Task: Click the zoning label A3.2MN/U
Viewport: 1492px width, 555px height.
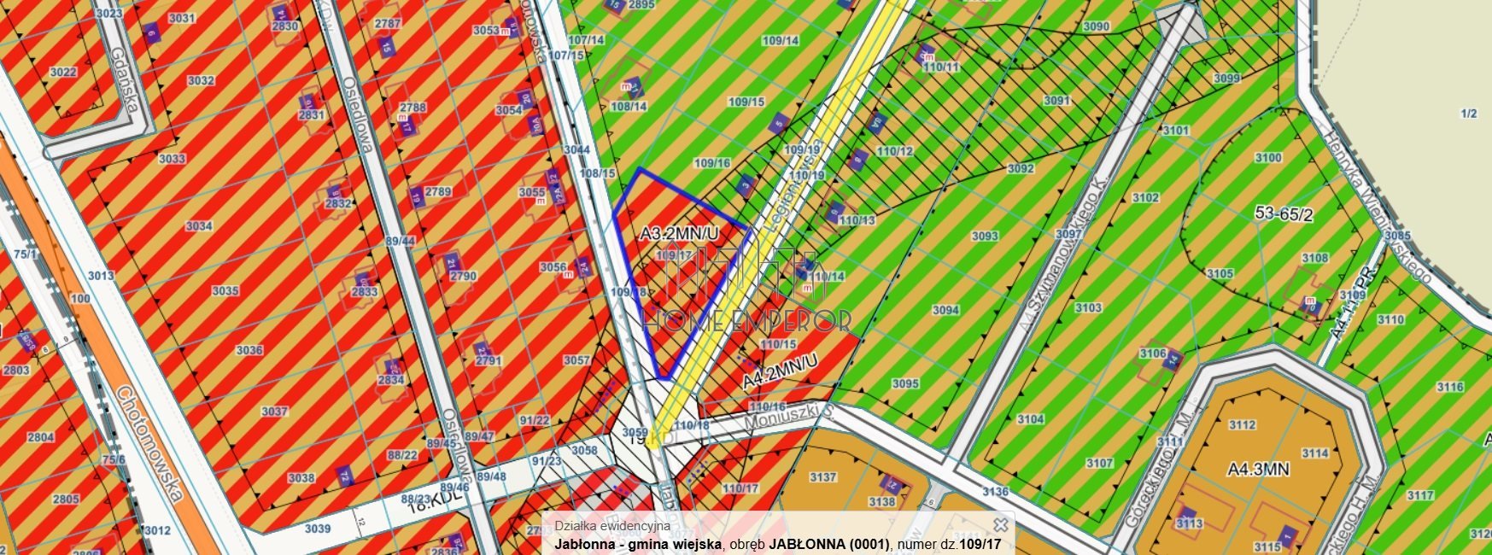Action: click(x=680, y=232)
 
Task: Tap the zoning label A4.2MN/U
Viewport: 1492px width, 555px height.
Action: click(x=780, y=371)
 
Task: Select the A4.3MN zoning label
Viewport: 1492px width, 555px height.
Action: click(x=1258, y=469)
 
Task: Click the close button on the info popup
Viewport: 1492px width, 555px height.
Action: click(x=1001, y=524)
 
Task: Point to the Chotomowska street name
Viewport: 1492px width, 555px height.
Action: click(x=149, y=443)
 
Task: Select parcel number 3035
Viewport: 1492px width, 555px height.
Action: click(x=225, y=291)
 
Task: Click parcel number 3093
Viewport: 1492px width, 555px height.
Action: click(x=985, y=236)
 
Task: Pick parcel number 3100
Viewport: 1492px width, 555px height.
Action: click(x=1268, y=158)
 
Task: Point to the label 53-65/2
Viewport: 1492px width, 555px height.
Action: click(x=1284, y=215)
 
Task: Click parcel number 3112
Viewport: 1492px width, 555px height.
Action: click(x=1242, y=425)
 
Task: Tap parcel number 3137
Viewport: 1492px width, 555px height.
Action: click(x=823, y=477)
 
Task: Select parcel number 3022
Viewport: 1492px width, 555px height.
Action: click(x=63, y=73)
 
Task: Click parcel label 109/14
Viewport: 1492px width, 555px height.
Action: click(x=781, y=40)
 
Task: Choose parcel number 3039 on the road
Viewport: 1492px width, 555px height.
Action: click(x=317, y=529)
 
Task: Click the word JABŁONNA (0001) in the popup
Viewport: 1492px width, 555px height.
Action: click(x=828, y=544)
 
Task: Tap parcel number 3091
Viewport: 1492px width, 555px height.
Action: click(x=1056, y=101)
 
